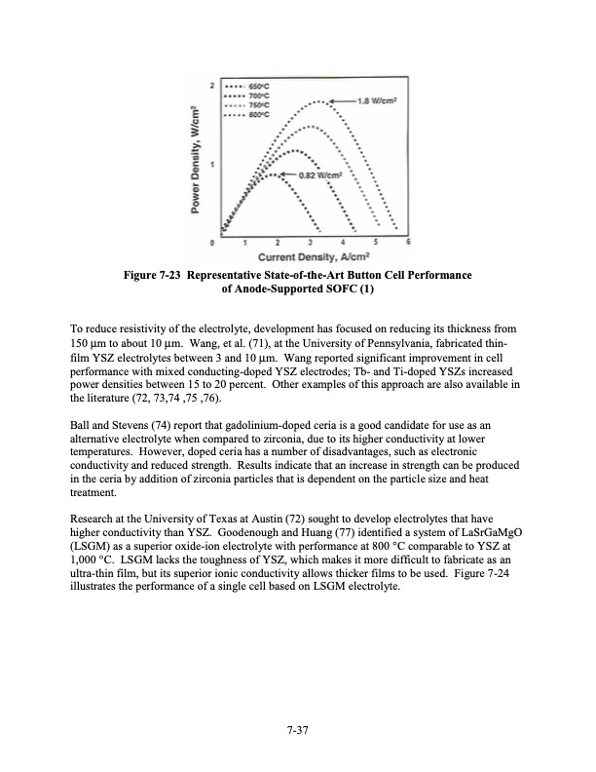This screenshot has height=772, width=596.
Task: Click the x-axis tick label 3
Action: (x=310, y=242)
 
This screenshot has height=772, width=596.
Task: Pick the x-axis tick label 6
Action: (x=408, y=242)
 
